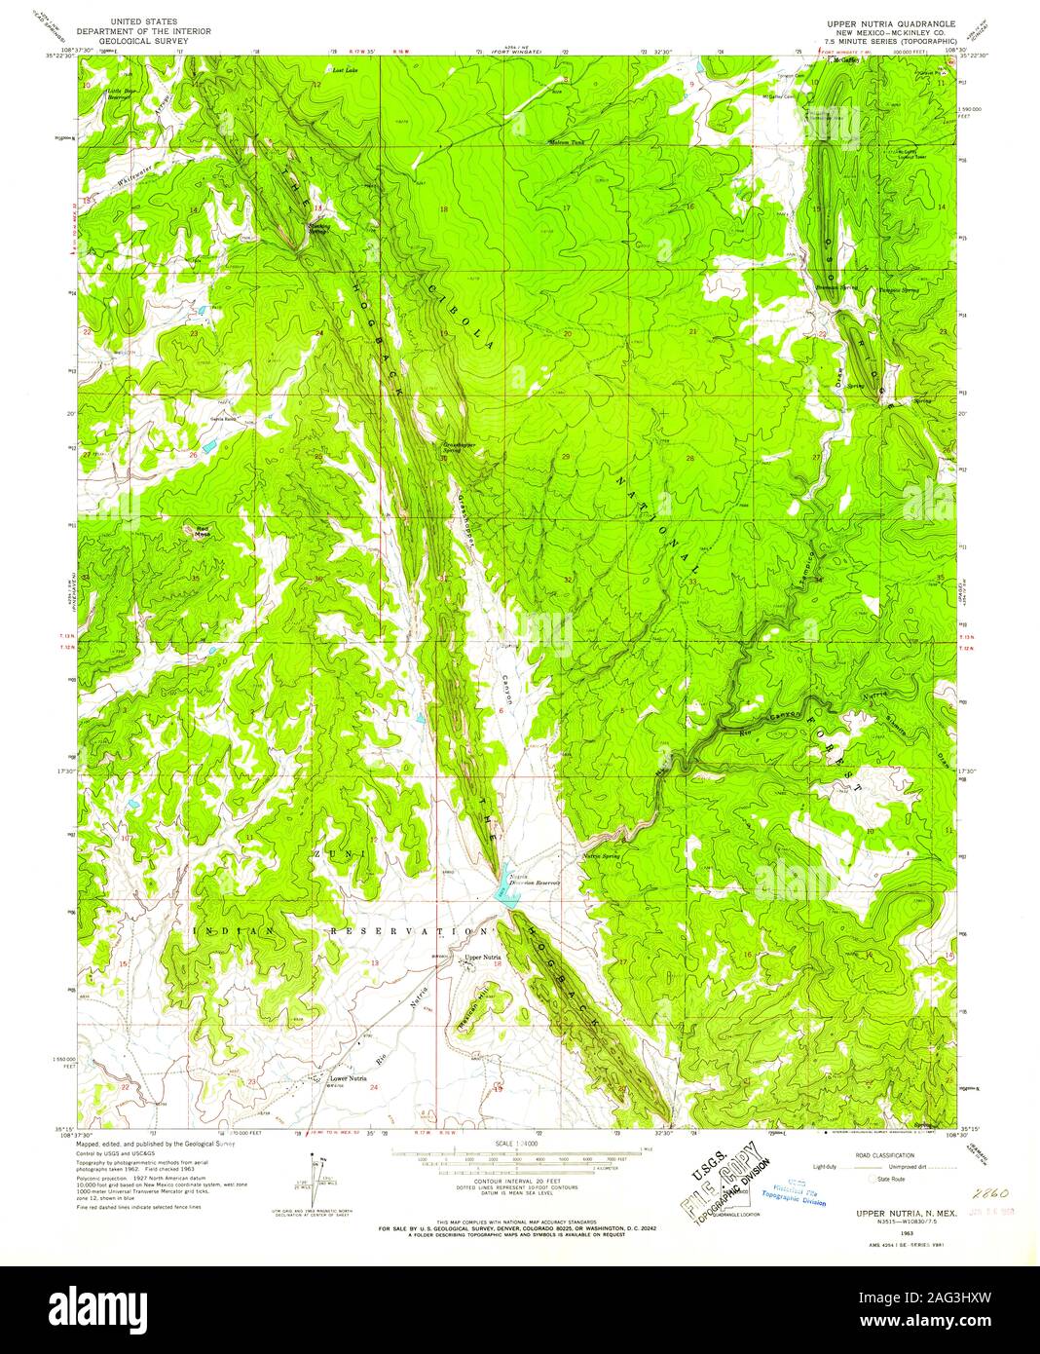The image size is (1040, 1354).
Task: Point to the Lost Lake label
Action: [345, 71]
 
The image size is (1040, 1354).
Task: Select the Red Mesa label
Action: [202, 532]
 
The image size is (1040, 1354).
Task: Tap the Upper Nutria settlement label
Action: [482, 959]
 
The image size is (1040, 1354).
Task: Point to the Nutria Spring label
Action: [602, 856]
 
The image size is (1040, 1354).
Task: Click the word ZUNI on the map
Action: [326, 852]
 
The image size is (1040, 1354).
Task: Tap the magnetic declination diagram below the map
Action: [316, 1173]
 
